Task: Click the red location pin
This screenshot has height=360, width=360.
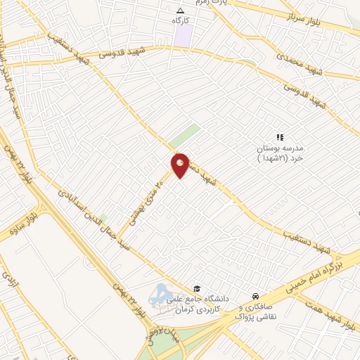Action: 181,165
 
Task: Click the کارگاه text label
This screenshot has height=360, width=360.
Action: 181,21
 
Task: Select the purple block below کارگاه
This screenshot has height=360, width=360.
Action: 183,37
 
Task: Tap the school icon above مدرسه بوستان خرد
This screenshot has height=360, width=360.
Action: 279,138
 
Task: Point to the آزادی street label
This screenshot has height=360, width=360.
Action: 8,282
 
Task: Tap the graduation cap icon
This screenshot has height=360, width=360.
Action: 198,289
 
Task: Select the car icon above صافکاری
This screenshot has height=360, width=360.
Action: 257,297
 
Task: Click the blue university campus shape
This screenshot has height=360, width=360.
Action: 162,294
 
